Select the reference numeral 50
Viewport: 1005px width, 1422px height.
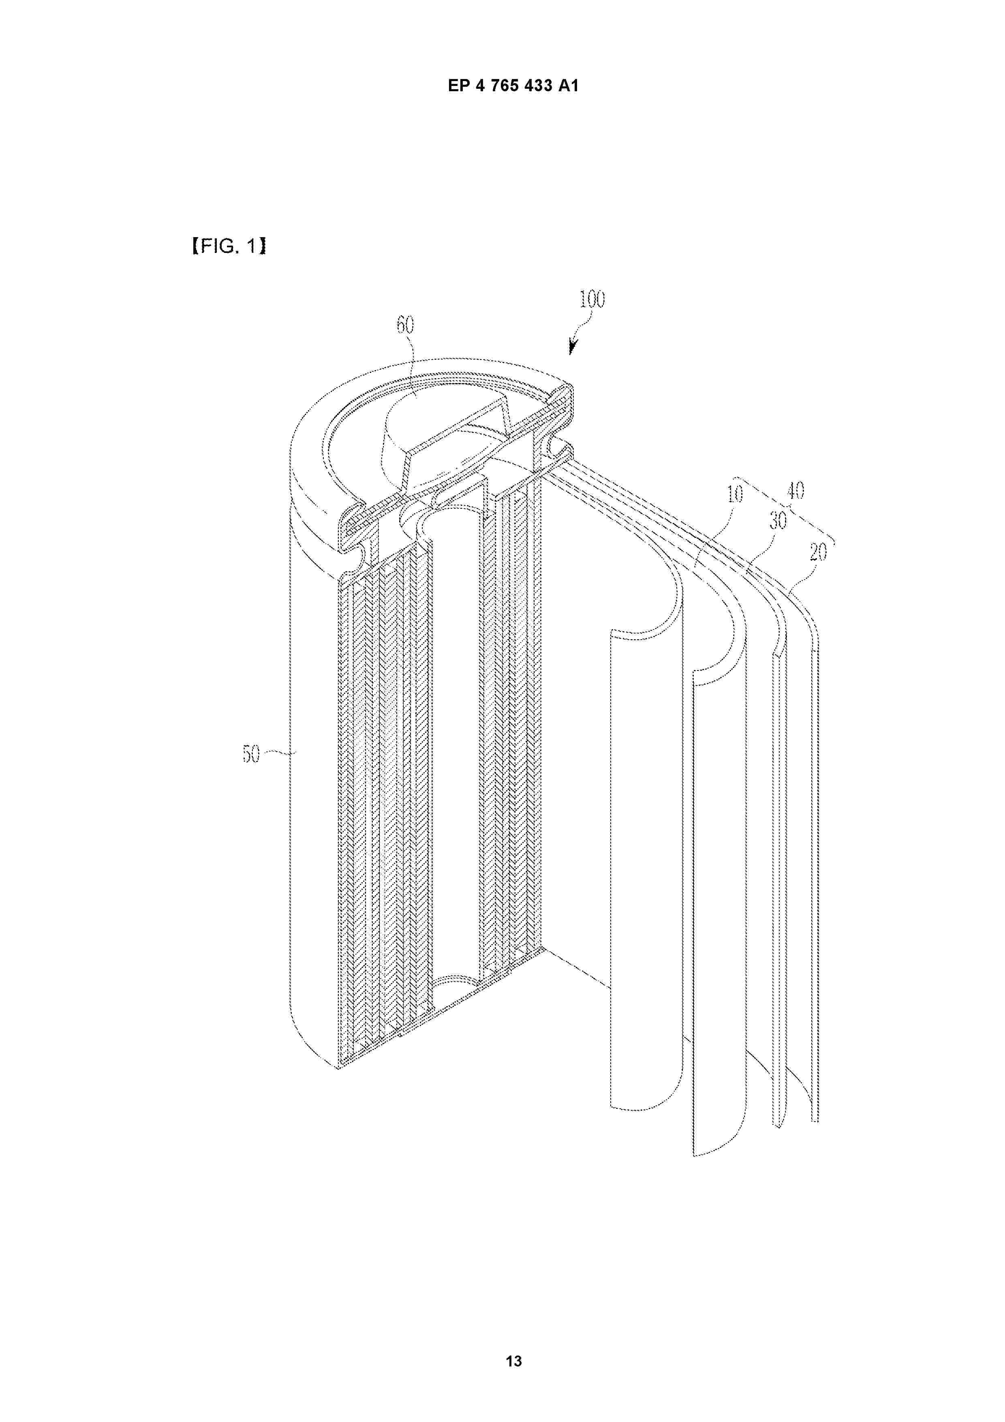251,754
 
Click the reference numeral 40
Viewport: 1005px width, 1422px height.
796,491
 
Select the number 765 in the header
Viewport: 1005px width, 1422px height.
505,86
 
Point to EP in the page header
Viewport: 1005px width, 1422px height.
458,86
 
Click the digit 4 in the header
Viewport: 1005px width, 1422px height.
479,86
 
